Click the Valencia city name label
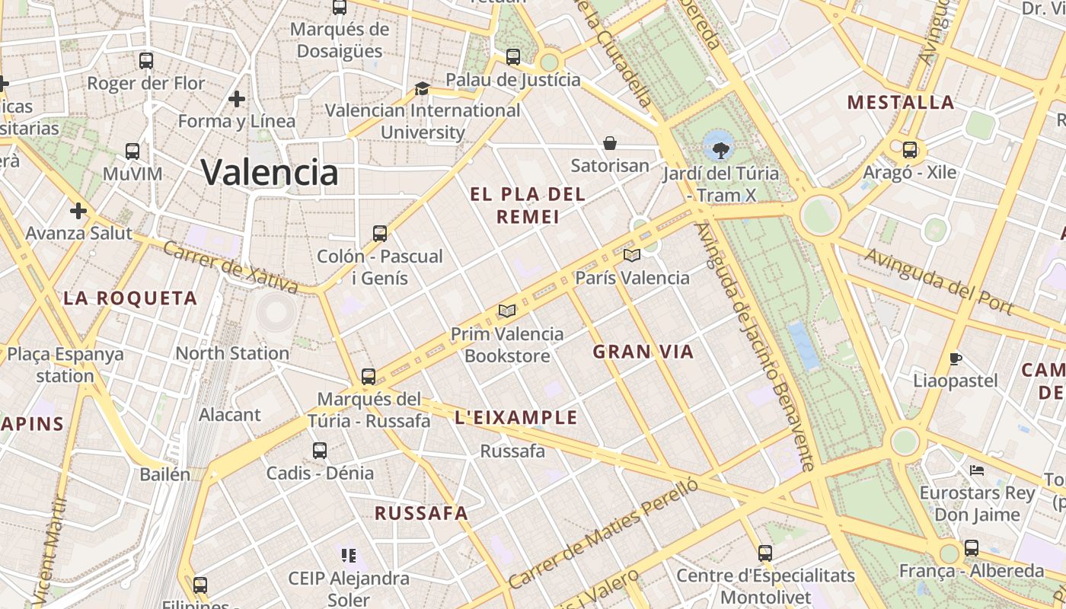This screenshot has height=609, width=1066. tap(270, 172)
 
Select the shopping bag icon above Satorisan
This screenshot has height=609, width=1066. tap(610, 143)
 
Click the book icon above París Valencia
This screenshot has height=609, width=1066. tap(632, 255)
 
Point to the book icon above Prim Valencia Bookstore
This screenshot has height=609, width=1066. tap(507, 311)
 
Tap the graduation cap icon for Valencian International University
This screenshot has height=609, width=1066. tap(422, 89)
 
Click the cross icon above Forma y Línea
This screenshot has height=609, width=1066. tap(237, 99)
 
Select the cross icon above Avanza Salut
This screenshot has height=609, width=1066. tap(78, 211)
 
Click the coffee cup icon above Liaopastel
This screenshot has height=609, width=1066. tap(956, 359)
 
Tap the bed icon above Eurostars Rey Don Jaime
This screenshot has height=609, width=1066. tap(977, 470)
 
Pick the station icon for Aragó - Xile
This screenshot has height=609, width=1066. tap(910, 150)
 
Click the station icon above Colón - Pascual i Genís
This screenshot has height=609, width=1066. tap(380, 234)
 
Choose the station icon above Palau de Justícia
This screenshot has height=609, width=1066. tap(513, 57)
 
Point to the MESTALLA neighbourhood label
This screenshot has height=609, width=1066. tap(901, 103)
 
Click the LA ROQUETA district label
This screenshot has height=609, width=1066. tap(130, 298)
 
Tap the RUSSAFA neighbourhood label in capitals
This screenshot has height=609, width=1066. tap(421, 513)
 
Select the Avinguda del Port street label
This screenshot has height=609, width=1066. tap(938, 281)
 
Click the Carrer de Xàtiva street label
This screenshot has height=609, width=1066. tap(231, 268)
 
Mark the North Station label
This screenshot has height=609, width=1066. tap(232, 353)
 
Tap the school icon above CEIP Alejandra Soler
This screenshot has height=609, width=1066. tap(349, 556)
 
